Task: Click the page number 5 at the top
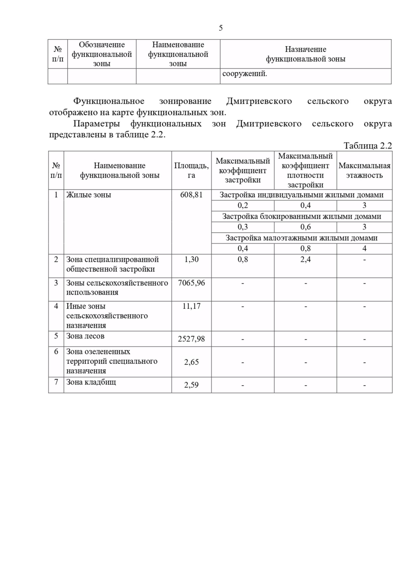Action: pyautogui.click(x=220, y=28)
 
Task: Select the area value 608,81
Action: pyautogui.click(x=191, y=195)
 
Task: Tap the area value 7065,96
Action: pyautogui.click(x=191, y=283)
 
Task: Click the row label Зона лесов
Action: pyautogui.click(x=85, y=336)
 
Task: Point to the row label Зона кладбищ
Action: pyautogui.click(x=91, y=382)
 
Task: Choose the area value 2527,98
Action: pyautogui.click(x=191, y=339)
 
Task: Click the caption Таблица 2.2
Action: pyautogui.click(x=367, y=146)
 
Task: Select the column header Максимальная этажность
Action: pyautogui.click(x=364, y=170)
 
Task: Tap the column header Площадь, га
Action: pyautogui.click(x=191, y=170)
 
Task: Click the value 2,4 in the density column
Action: pyautogui.click(x=305, y=259)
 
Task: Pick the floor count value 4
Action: pyautogui.click(x=364, y=248)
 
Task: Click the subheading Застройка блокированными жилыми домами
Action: pyautogui.click(x=302, y=217)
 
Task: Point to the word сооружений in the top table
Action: pyautogui.click(x=244, y=74)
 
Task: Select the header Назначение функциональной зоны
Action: pyautogui.click(x=305, y=54)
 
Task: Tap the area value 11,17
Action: pyautogui.click(x=191, y=306)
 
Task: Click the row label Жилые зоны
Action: pyautogui.click(x=89, y=195)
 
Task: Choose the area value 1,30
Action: pyautogui.click(x=191, y=259)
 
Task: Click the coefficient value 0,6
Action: pyautogui.click(x=305, y=227)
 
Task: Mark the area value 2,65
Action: pyautogui.click(x=191, y=362)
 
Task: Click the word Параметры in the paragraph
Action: pyautogui.click(x=96, y=124)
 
